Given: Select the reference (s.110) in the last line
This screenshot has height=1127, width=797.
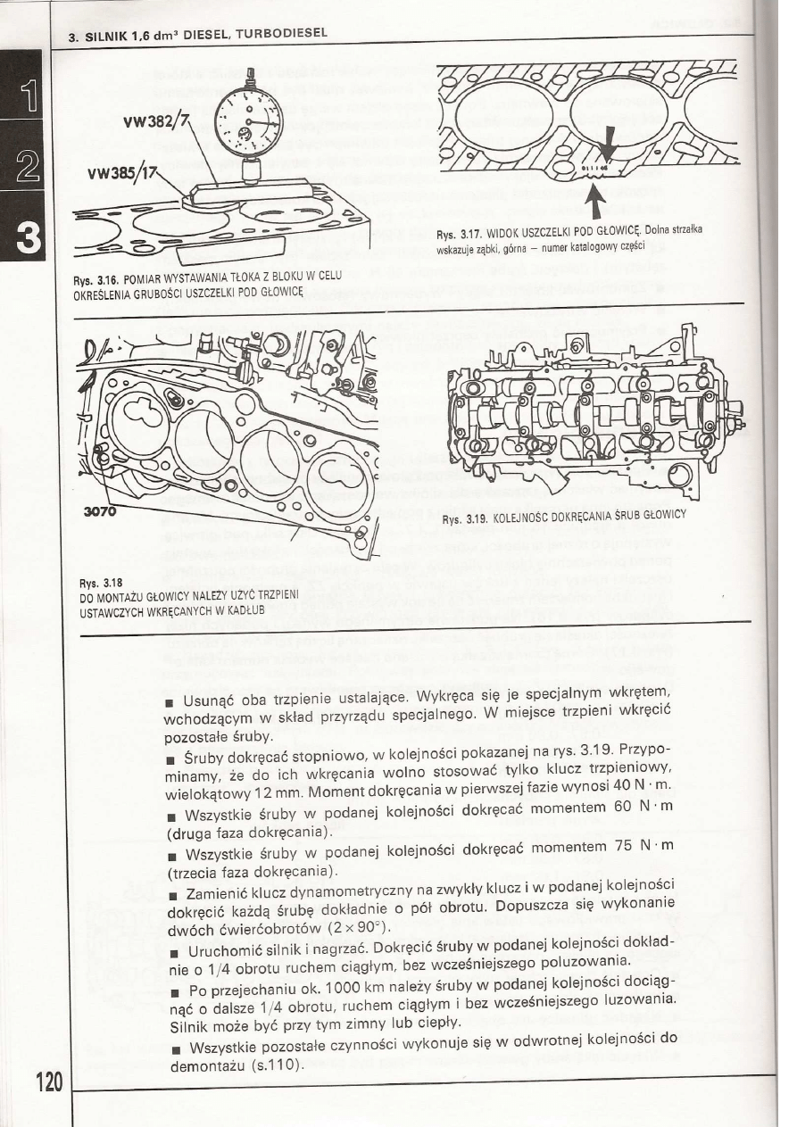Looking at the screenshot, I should pyautogui.click(x=278, y=1066).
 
